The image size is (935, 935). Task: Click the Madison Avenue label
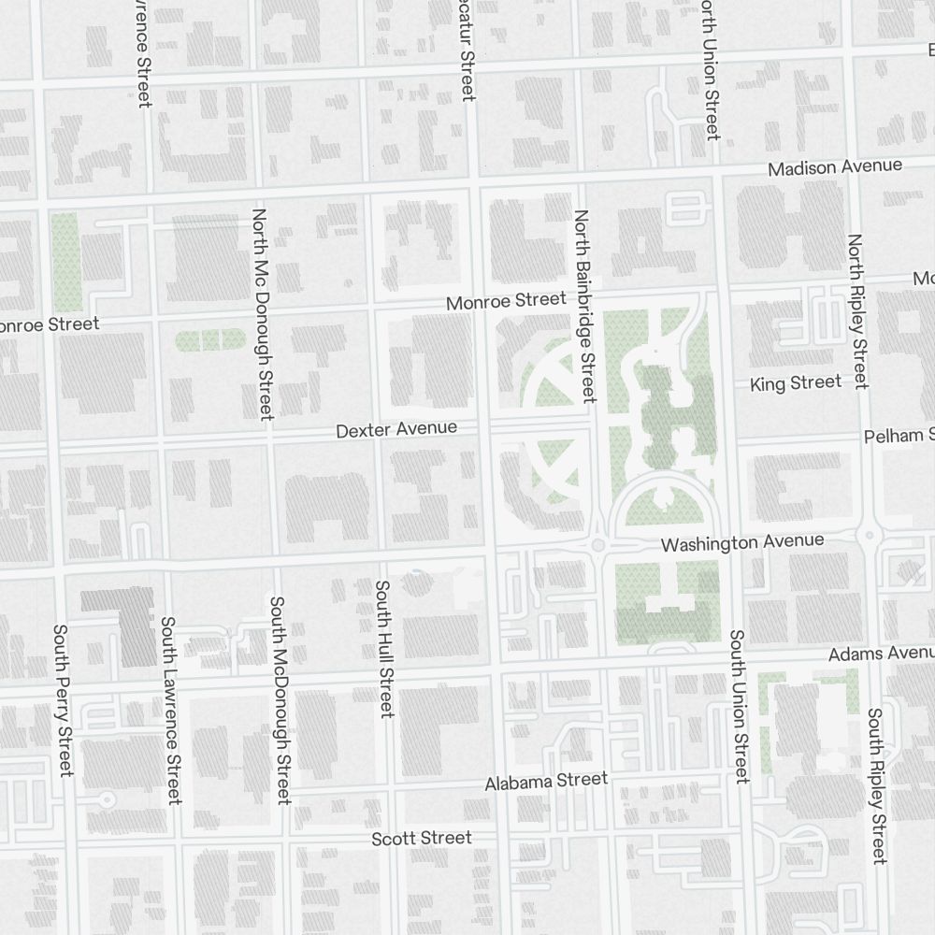[835, 167]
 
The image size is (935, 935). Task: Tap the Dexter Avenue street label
[396, 429]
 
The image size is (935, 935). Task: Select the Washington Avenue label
[742, 542]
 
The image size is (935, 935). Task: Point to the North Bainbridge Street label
[584, 306]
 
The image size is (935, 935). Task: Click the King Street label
[796, 383]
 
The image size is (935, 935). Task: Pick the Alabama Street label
[546, 781]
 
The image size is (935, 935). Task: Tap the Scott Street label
[422, 838]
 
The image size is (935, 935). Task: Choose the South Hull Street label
[383, 649]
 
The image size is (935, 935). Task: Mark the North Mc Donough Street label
[262, 313]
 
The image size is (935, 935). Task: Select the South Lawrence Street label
[171, 710]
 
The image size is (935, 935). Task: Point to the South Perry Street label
[63, 700]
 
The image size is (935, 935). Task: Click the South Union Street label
[738, 707]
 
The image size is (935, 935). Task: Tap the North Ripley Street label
[857, 310]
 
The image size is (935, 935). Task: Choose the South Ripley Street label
[876, 785]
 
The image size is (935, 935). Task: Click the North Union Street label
[711, 70]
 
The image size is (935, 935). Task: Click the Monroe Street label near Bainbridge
[506, 301]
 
